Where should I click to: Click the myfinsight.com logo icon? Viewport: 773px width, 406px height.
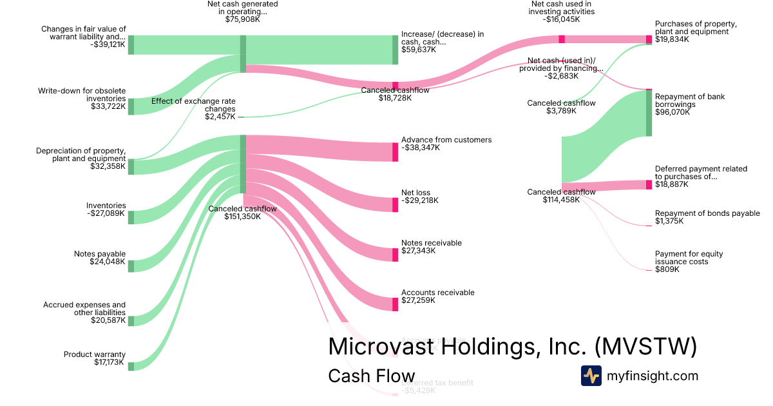(x=591, y=376)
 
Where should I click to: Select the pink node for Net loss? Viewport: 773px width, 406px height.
(x=396, y=205)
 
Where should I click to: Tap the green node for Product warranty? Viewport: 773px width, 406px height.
(x=131, y=366)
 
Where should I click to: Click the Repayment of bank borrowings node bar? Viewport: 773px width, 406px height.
(x=649, y=113)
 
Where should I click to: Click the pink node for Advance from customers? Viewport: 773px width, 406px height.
(x=396, y=152)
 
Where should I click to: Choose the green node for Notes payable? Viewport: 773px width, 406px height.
(x=131, y=266)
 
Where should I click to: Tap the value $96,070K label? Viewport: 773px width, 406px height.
(x=672, y=112)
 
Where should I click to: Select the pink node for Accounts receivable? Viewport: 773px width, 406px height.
(x=396, y=304)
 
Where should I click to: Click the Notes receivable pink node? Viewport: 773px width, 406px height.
(x=396, y=255)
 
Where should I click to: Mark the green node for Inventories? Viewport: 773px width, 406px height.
(x=131, y=217)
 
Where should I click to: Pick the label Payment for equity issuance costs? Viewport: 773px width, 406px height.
(x=689, y=258)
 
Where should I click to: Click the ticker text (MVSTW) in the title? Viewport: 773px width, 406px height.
(x=645, y=347)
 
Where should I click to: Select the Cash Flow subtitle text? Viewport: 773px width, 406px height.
(x=371, y=376)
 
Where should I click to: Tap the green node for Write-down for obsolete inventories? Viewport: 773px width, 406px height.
(x=131, y=106)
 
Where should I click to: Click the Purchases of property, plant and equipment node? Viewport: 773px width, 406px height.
(x=649, y=39)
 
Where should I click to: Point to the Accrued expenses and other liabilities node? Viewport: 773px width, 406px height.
(x=131, y=320)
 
